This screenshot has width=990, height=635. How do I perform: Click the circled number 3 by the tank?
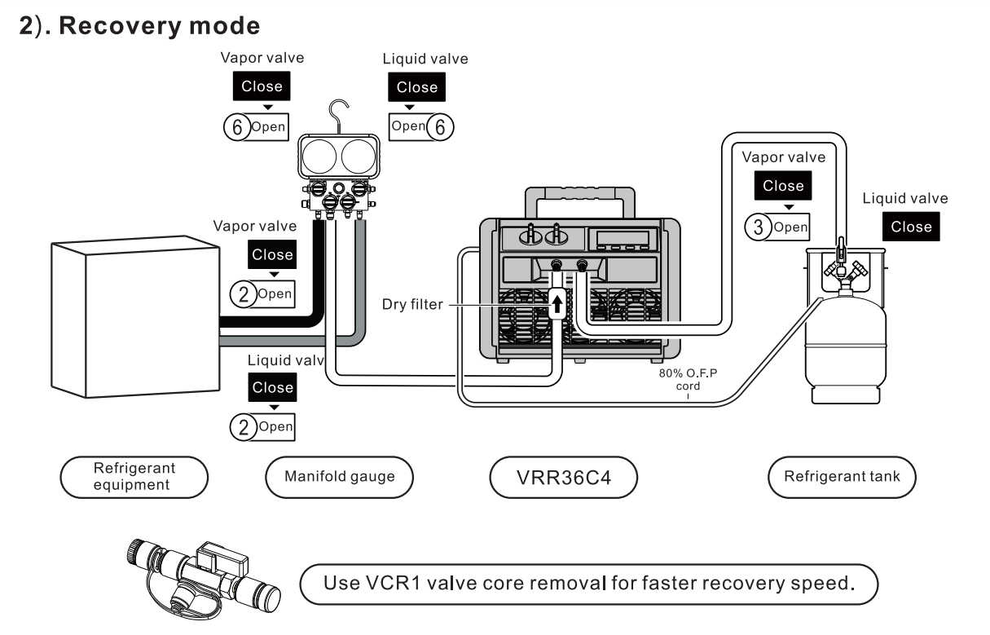(x=757, y=227)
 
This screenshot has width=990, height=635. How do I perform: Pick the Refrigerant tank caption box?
(x=842, y=476)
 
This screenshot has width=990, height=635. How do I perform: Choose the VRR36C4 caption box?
(x=563, y=477)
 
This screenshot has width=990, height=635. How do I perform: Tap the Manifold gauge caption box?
(x=340, y=476)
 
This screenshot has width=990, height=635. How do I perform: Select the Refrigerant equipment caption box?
(x=135, y=476)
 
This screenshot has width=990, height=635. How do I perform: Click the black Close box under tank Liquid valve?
(x=911, y=227)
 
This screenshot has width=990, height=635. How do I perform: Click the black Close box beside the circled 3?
(x=783, y=186)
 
